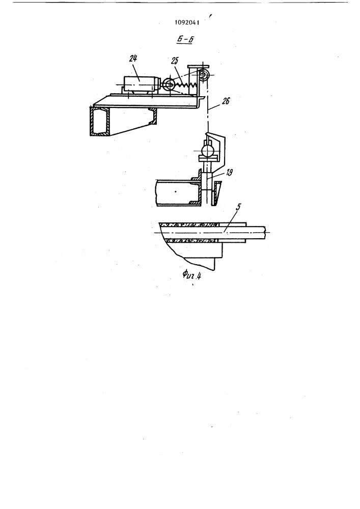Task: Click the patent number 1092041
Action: click(x=187, y=23)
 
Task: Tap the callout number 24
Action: click(x=133, y=59)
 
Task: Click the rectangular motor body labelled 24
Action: click(x=140, y=84)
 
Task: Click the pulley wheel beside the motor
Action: click(x=168, y=84)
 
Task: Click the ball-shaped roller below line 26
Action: click(x=208, y=151)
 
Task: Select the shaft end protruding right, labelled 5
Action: click(x=257, y=232)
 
